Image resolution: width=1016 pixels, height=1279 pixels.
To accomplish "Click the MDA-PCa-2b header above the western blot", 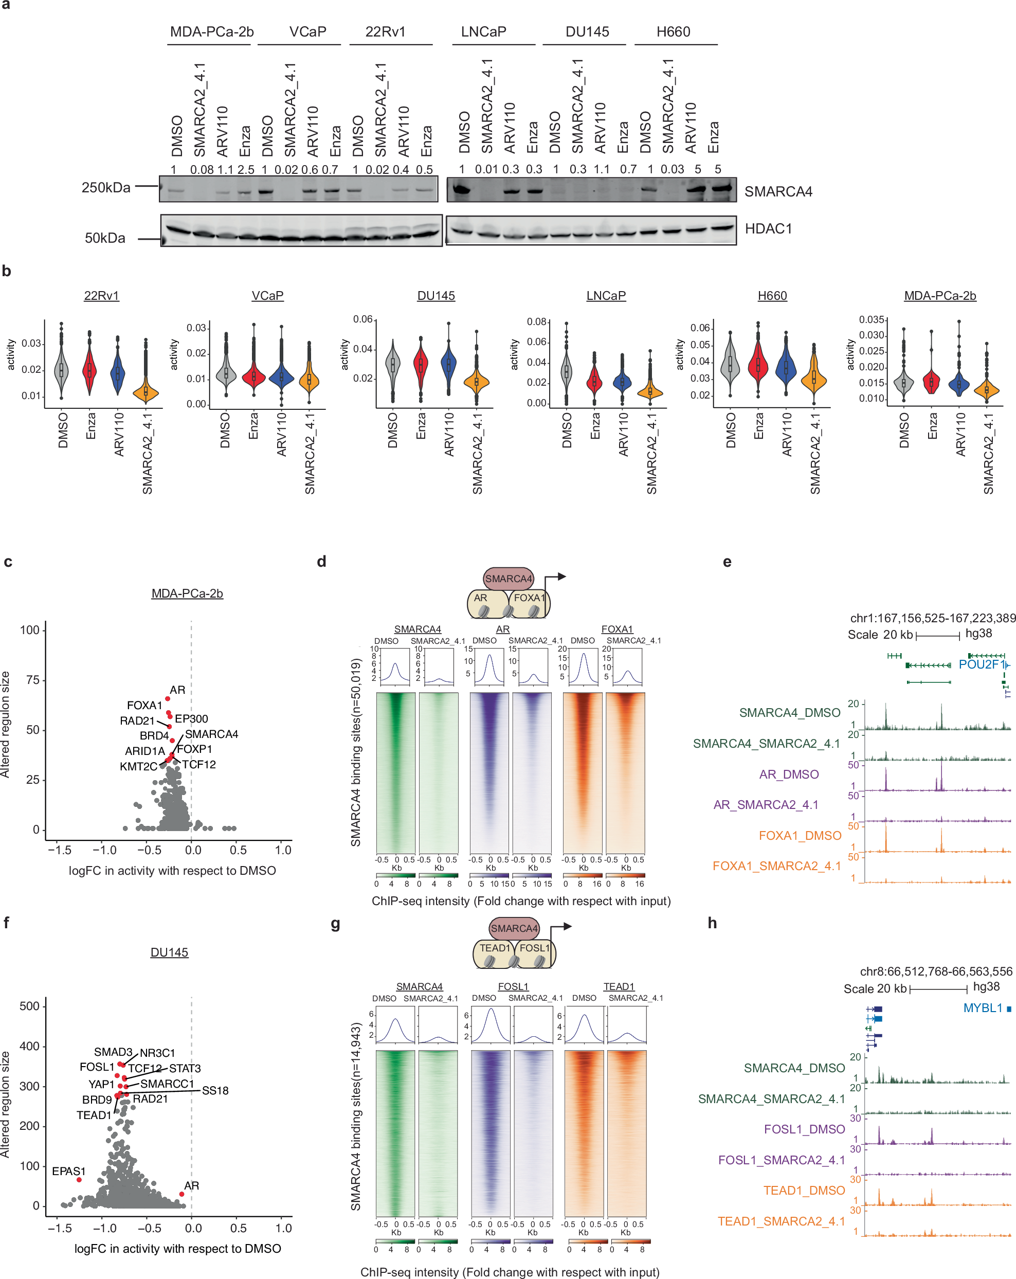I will [x=212, y=32].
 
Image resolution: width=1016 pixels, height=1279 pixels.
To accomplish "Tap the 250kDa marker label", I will [x=105, y=188].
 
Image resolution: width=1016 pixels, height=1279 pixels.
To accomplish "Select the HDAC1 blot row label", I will [x=768, y=229].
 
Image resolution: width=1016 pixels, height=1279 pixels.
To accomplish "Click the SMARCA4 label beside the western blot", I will [x=777, y=192].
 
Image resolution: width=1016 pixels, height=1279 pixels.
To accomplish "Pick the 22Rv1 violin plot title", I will [x=101, y=295].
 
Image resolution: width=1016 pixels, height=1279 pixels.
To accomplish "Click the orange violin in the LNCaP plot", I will [x=650, y=390].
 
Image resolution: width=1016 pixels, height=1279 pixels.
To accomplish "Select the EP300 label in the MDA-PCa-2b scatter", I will [x=191, y=718].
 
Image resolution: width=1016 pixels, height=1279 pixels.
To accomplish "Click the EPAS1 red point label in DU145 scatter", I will [x=69, y=1171].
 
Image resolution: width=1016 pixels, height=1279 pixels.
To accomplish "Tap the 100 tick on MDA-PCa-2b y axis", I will [x=30, y=630].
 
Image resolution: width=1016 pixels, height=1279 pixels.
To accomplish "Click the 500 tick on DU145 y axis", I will [x=30, y=1006].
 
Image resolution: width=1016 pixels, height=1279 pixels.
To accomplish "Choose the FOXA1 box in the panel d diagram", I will [x=529, y=598].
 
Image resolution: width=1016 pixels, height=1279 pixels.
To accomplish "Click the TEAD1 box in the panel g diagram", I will [x=494, y=948].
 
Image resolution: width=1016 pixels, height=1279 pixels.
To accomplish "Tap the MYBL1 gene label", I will [x=983, y=1008].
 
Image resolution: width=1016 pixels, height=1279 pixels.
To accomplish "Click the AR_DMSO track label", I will [x=788, y=774].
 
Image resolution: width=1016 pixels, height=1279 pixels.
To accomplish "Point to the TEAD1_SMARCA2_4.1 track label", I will [x=781, y=1221].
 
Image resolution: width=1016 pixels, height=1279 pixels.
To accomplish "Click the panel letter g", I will [x=335, y=923].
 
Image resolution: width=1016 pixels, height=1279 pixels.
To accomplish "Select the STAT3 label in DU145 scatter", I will [x=185, y=1068].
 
